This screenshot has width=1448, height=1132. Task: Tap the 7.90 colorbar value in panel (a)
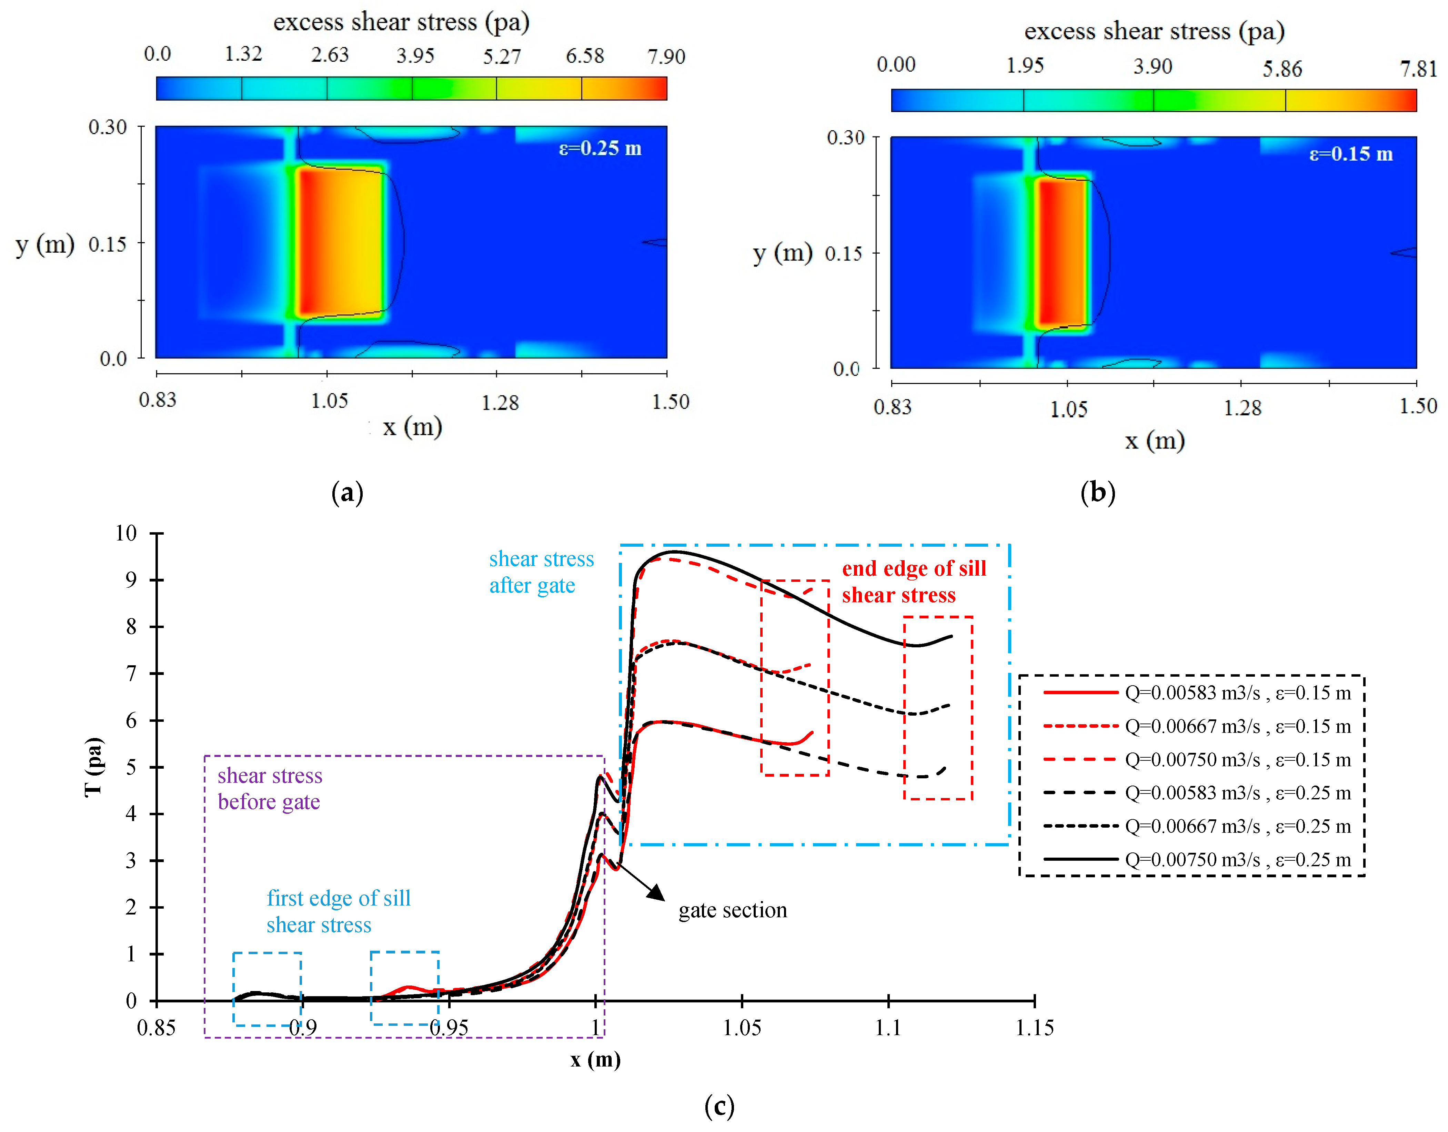[666, 56]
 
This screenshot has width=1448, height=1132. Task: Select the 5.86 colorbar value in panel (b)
[1281, 68]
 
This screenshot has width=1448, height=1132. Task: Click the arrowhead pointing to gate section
[656, 893]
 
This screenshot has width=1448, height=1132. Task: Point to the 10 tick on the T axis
[126, 534]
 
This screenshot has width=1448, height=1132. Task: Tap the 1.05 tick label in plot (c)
[741, 1028]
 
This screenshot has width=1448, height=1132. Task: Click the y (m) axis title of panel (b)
[782, 253]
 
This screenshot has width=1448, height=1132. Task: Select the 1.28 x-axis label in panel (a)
[499, 402]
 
